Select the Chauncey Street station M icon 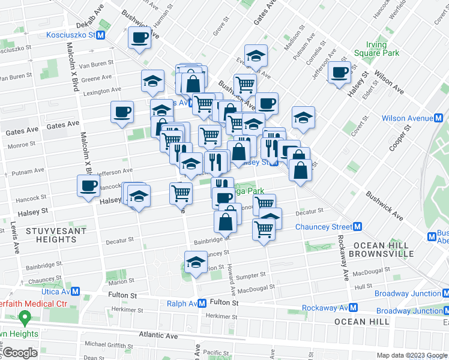[357, 227]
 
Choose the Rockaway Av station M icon [353, 308]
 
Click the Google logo [19, 353]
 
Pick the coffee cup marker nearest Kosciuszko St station [140, 38]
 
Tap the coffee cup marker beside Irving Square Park [340, 73]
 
